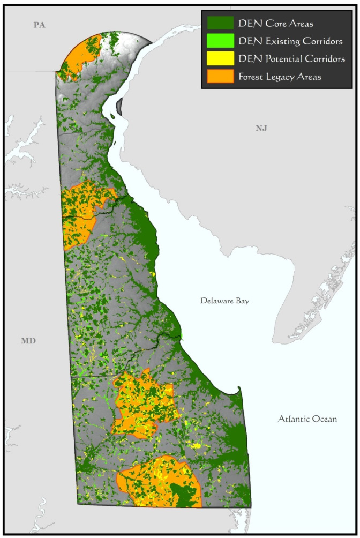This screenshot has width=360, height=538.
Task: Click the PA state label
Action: pyautogui.click(x=39, y=25)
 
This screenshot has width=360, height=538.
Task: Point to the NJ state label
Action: pyautogui.click(x=261, y=128)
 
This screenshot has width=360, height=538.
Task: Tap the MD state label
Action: pyautogui.click(x=28, y=341)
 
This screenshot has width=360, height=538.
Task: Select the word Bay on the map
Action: pyautogui.click(x=241, y=301)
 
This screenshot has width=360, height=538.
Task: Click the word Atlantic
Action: pyautogui.click(x=294, y=419)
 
